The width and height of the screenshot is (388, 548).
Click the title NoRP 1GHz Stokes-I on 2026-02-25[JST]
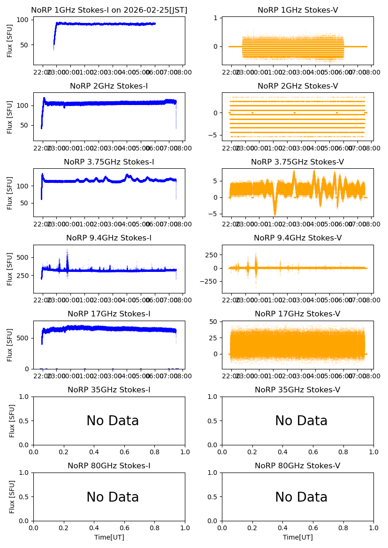point(109,10)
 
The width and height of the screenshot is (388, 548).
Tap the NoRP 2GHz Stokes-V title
point(297,86)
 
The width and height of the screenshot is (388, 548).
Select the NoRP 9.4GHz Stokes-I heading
point(109,238)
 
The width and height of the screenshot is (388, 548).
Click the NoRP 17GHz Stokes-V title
point(297,314)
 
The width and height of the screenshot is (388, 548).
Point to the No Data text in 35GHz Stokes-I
point(113,421)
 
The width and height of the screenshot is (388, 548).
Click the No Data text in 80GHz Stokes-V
point(301,497)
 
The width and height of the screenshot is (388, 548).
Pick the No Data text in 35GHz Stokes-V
point(301,421)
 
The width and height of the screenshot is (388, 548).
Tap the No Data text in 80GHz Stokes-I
point(113,497)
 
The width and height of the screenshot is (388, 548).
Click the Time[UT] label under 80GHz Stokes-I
point(109,537)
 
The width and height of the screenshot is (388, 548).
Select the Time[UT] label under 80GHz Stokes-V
point(297,537)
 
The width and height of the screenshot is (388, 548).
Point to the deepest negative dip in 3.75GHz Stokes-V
point(275,214)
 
